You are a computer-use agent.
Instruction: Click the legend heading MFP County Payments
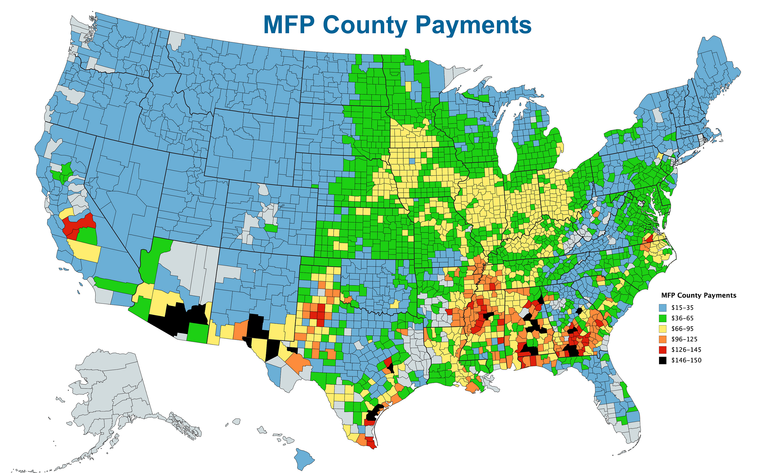pyautogui.click(x=698, y=295)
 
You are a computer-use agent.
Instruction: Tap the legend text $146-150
pyautogui.click(x=686, y=360)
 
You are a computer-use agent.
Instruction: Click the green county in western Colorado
pyautogui.click(x=271, y=228)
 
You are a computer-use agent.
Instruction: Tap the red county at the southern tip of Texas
pyautogui.click(x=371, y=444)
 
